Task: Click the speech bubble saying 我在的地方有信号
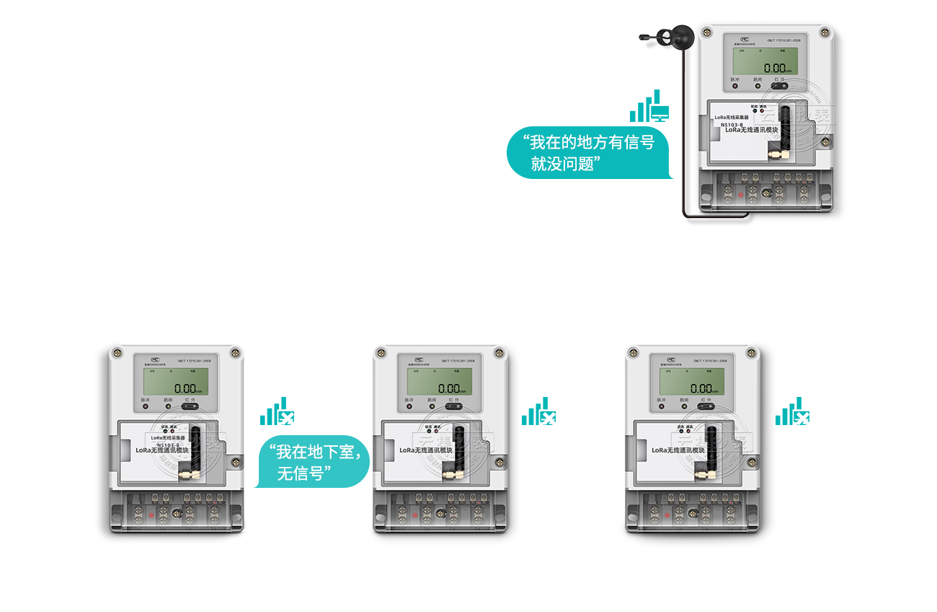(587, 153)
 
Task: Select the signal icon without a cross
(649, 107)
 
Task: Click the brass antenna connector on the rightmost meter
(703, 475)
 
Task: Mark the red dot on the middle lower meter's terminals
(414, 515)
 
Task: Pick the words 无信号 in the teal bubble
(303, 473)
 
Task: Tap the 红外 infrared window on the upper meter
(778, 85)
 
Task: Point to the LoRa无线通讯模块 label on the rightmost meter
(678, 450)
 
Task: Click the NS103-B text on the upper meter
(732, 124)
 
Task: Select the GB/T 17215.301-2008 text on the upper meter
(783, 41)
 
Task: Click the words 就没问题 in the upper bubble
(566, 164)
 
